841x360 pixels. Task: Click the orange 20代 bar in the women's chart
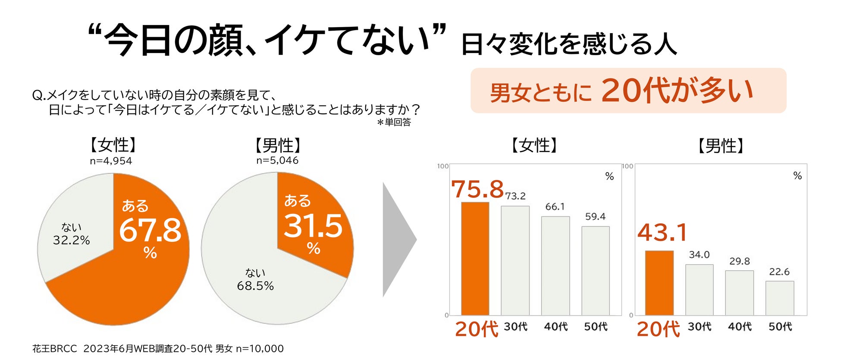[x=475, y=259]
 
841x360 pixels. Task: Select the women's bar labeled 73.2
[x=515, y=260]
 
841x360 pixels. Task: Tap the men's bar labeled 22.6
[x=780, y=298]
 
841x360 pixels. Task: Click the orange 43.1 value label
[x=662, y=233]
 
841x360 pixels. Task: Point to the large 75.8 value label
[x=477, y=189]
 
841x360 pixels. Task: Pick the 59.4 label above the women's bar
[x=595, y=216]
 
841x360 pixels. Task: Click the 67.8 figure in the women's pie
[x=150, y=230]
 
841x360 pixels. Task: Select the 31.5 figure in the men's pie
[x=313, y=226]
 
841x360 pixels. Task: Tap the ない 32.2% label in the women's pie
[x=72, y=234]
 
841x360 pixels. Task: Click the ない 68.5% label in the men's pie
[x=255, y=279]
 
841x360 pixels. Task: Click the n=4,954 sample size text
[x=111, y=161]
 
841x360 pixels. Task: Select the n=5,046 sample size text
[x=277, y=160]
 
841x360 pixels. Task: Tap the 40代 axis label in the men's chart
[x=740, y=327]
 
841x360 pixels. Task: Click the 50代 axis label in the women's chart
[x=596, y=327]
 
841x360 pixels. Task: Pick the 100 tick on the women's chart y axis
[x=442, y=166]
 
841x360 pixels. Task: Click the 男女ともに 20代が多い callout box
[x=628, y=91]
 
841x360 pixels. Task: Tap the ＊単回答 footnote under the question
[x=394, y=122]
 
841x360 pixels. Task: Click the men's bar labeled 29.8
[x=740, y=293]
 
